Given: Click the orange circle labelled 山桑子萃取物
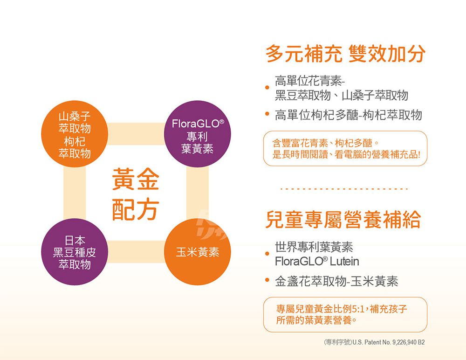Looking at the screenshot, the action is (x=75, y=134).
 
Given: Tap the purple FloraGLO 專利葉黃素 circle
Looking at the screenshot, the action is (x=197, y=134).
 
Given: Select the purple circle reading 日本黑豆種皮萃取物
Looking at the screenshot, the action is (x=75, y=252).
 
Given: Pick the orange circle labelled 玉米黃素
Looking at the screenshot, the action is (x=197, y=252).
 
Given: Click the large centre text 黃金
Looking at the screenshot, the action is (x=136, y=179).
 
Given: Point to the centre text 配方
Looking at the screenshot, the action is (x=136, y=209).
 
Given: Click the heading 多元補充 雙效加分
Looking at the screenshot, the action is (x=345, y=54).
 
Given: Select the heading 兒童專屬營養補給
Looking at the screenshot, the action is (x=343, y=219).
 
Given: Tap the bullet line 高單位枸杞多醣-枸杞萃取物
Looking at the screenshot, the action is (x=348, y=115).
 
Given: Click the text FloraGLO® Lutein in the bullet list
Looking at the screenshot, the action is (x=317, y=261).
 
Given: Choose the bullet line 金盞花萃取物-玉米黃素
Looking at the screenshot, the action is (x=336, y=281).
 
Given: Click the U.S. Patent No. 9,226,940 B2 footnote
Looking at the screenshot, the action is (x=374, y=342).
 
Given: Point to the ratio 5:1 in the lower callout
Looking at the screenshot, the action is (x=358, y=309).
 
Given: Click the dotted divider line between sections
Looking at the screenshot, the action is (x=344, y=189).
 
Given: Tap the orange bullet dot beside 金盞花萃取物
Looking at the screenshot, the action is (x=267, y=280).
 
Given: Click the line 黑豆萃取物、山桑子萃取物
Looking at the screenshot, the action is (x=342, y=96).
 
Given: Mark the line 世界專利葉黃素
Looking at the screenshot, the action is (x=314, y=247).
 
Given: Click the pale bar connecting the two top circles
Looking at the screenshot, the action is (x=136, y=134).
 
